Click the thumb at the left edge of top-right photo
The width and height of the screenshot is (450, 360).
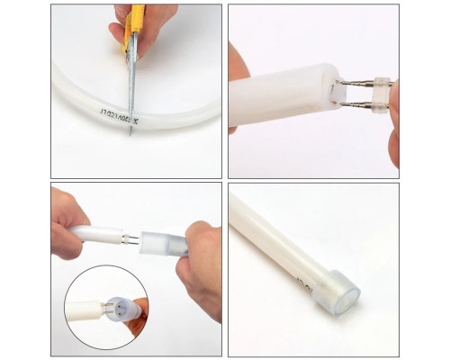click(235, 67)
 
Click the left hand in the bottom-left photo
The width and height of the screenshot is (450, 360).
click(70, 220)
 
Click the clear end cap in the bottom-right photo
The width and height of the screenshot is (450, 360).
click(340, 293)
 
